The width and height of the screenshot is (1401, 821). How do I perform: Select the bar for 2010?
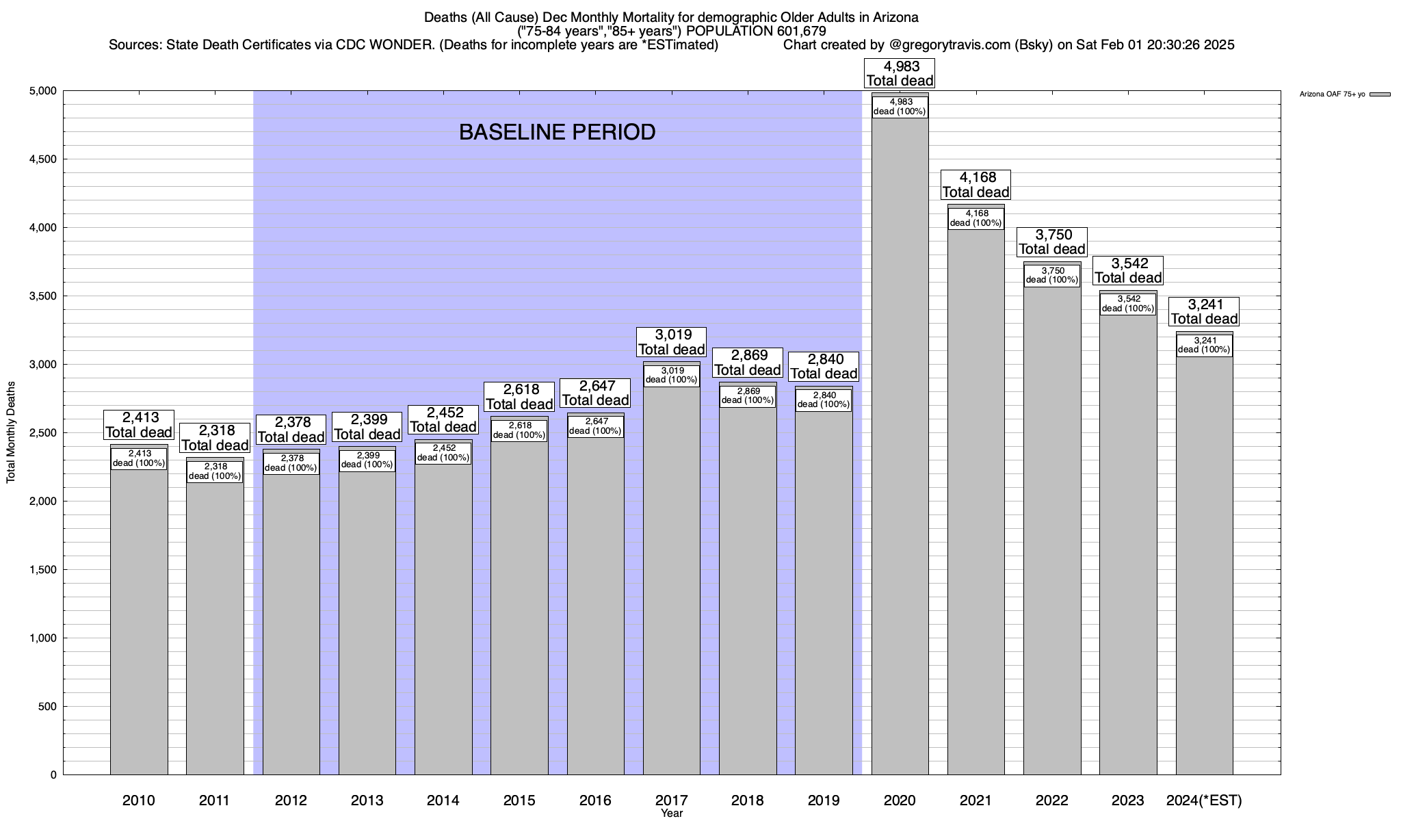pos(139,616)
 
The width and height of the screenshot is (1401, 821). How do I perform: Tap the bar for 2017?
pos(671,582)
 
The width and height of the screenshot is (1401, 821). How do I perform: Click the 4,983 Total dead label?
pos(900,73)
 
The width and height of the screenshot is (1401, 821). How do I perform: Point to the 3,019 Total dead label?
pos(671,342)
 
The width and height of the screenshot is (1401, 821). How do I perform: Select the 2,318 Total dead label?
pos(215,438)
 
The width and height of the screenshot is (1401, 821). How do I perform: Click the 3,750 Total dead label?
pos(1052,242)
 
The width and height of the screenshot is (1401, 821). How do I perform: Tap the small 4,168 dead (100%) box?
pos(976,218)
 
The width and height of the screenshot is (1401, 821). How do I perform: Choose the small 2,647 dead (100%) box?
pos(595,426)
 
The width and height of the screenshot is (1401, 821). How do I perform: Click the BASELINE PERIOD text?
pos(557,132)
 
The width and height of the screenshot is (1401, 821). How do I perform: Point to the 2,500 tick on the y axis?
pos(43,433)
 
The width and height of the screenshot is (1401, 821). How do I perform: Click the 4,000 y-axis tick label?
pos(43,228)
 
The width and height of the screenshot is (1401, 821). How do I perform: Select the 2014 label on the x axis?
pos(443,800)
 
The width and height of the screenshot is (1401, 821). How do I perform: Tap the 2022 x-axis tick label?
pos(1052,800)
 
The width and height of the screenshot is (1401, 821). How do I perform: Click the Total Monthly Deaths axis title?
pos(11,432)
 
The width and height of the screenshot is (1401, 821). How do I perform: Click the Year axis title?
pos(671,813)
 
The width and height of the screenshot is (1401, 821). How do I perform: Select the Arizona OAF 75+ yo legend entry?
pos(1332,94)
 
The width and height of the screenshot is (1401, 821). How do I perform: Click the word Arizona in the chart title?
pos(893,17)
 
